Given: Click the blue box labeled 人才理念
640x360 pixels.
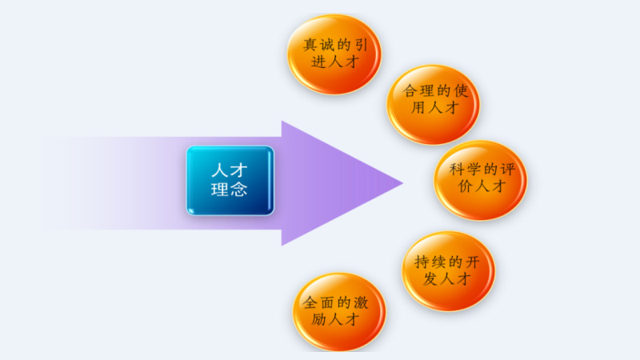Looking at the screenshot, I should click(230, 181).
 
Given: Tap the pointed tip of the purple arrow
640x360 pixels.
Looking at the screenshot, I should click(402, 183).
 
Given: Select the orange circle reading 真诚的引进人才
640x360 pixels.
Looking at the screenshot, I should click(334, 54).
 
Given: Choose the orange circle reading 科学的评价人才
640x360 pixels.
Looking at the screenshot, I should click(481, 179).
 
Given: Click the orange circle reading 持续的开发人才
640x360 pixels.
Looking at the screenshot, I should click(448, 270).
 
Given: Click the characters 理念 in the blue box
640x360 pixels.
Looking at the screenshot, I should click(229, 191).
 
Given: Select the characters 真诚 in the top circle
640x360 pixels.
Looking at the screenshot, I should click(312, 46).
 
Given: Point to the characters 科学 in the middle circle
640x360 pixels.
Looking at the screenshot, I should click(459, 170).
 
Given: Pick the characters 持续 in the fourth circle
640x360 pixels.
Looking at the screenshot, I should click(426, 262).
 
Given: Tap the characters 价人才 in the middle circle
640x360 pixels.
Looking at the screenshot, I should click(481, 189).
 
